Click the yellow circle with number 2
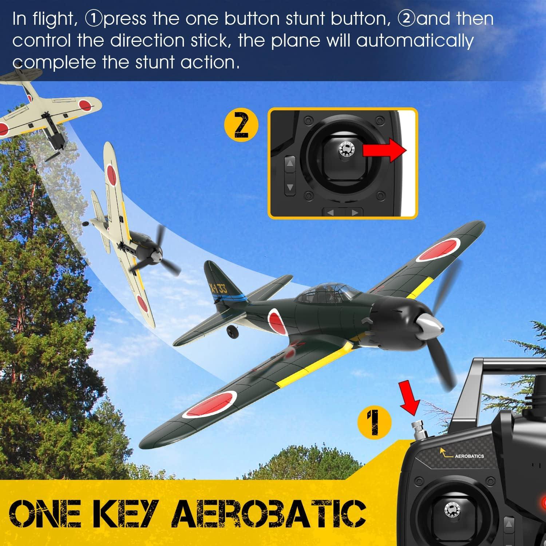[241, 126]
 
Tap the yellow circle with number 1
[375, 422]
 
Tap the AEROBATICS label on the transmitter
[469, 456]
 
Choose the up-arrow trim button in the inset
[290, 163]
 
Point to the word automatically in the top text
[415, 41]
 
